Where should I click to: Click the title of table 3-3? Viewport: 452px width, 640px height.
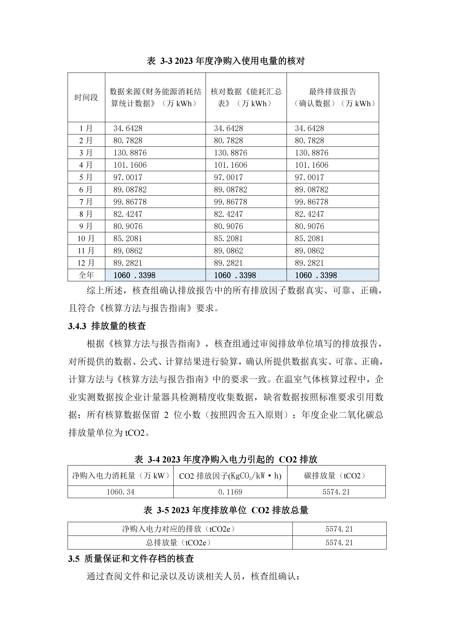point(226,61)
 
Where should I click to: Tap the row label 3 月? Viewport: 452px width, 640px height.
point(86,153)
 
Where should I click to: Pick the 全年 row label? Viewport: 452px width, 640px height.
point(86,275)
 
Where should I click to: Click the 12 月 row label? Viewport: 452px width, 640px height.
point(86,263)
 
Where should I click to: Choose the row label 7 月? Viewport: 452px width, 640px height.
point(86,202)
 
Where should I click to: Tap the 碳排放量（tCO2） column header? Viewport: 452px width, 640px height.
point(336,476)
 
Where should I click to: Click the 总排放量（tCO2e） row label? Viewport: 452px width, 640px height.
point(180,542)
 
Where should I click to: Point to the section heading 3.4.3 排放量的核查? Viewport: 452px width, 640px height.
point(107,326)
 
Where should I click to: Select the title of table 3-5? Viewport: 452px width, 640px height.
point(226,510)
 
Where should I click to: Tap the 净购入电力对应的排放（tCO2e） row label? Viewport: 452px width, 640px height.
point(180,529)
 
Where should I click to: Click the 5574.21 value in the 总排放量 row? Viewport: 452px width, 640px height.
point(339,542)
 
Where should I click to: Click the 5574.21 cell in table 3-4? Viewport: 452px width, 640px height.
point(336,492)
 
